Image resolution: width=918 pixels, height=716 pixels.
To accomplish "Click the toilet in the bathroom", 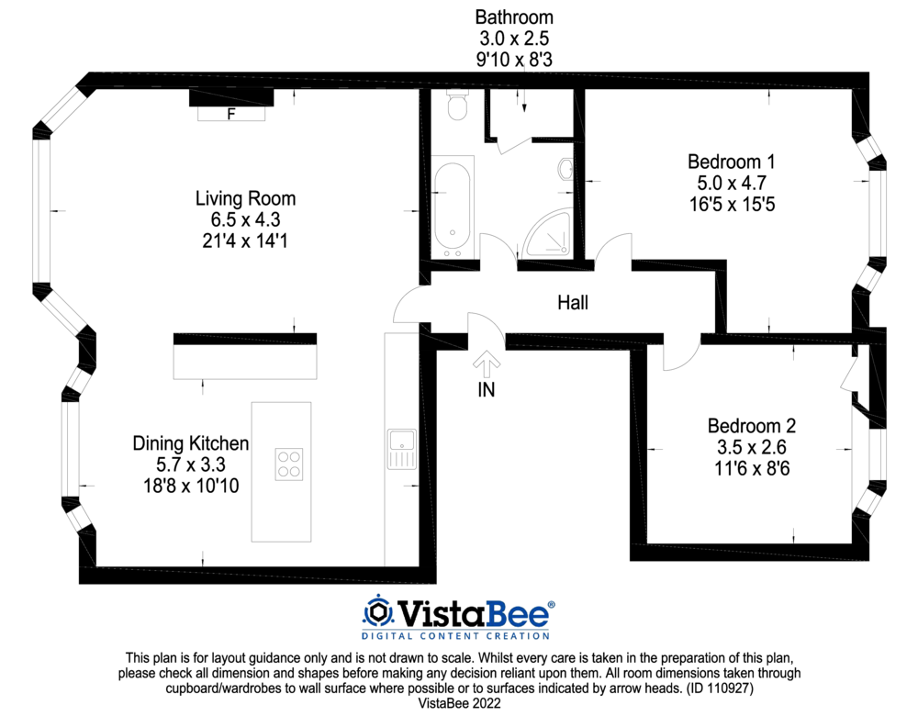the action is click(456, 105).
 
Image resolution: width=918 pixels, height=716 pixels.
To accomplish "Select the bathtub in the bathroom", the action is click(453, 207).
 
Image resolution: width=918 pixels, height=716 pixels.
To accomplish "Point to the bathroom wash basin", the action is click(565, 170).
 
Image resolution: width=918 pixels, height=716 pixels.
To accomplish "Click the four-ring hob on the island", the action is click(289, 464).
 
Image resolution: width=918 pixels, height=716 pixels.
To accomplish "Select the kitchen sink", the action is click(402, 449).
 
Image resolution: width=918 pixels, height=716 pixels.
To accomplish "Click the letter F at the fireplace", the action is click(231, 114).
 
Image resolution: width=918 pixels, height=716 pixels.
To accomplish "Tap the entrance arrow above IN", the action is click(486, 364).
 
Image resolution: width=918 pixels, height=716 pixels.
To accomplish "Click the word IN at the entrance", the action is click(486, 389).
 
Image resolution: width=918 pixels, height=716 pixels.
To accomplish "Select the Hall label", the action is click(573, 303).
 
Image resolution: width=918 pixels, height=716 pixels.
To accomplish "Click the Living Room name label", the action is click(245, 198).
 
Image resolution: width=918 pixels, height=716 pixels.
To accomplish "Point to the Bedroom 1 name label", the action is click(732, 162).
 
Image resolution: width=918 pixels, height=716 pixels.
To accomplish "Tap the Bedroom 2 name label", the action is click(752, 426).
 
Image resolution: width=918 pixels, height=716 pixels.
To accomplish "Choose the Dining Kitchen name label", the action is click(191, 443).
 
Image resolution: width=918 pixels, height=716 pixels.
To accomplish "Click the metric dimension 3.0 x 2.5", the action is click(514, 39).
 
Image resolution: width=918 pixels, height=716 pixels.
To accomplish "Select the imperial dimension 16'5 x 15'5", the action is click(732, 205).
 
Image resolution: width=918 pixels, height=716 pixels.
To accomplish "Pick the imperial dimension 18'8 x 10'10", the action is click(191, 486).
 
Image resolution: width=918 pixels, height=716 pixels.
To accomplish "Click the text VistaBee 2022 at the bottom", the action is click(459, 703).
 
